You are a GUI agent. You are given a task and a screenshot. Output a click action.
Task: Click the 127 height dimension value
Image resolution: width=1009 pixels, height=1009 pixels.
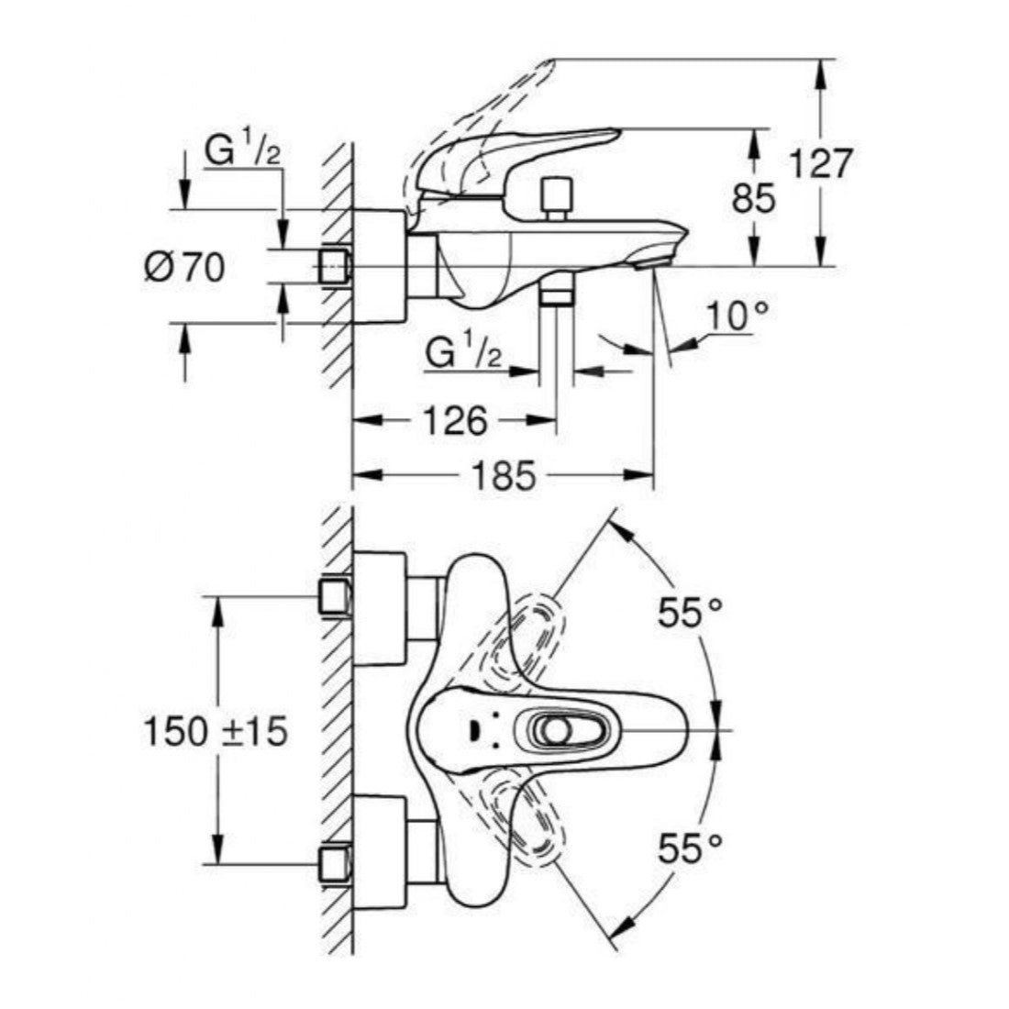coord(821,165)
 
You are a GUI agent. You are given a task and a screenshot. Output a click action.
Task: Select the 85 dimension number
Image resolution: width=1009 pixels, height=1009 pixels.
coord(754,197)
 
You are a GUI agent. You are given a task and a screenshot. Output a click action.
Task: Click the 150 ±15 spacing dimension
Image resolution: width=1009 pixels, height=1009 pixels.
coord(216,730)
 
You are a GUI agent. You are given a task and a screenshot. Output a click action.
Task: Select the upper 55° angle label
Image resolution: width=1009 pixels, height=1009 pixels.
coord(690,612)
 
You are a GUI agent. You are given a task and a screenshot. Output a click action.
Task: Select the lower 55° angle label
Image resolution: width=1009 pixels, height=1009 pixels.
coord(690,848)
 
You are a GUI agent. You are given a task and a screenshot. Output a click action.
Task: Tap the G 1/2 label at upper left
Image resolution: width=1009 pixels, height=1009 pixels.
coord(242,152)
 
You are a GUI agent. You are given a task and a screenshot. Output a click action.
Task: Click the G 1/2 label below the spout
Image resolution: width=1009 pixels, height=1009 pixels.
coord(463,353)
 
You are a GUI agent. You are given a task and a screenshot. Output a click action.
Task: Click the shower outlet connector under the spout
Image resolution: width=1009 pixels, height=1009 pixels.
coord(556,292)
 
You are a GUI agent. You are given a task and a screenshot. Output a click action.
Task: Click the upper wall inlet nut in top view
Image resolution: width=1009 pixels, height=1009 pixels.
coord(335,596)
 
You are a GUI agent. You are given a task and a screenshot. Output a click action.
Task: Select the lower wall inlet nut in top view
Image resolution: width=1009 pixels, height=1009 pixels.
coord(335,864)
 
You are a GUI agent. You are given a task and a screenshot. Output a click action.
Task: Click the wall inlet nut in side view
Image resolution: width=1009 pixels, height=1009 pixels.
coord(334,266)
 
